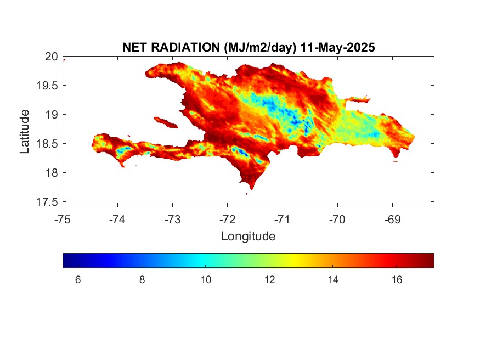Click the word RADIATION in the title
coord(185,47)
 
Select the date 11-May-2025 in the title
coord(337,47)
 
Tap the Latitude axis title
coord(25,131)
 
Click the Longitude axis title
coord(249,237)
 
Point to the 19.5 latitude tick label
coord(47,86)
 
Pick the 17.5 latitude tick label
coord(47,202)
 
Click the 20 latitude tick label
coord(52,57)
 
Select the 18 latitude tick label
coord(52,173)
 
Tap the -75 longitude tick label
coord(63,220)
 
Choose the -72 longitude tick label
coord(228,220)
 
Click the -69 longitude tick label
coord(392,220)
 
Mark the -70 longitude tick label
coord(337,220)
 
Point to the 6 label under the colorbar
coord(78,280)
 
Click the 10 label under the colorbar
coord(206,280)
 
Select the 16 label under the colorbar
coord(397,280)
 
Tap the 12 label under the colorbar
coord(270,280)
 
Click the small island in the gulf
coord(166,122)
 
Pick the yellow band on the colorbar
coord(295,261)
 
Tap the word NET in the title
coord(135,47)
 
